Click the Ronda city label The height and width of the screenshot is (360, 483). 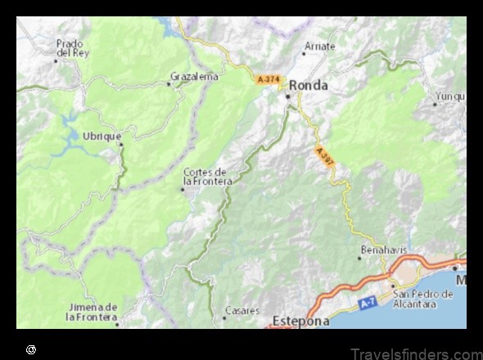309,84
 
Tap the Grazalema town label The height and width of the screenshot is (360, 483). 194,77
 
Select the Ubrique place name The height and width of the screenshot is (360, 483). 102,135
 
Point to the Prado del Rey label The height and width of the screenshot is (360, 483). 71,47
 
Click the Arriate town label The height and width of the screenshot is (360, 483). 319,47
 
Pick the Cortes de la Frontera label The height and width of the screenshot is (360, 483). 208,176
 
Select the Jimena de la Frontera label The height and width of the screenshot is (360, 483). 92,311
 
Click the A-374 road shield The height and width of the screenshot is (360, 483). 267,79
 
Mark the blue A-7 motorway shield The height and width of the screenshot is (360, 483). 368,304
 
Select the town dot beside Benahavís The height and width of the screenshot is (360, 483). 359,258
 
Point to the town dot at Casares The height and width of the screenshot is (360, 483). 224,316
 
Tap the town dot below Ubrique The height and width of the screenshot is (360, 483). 121,145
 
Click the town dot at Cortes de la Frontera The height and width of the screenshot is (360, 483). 183,189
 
